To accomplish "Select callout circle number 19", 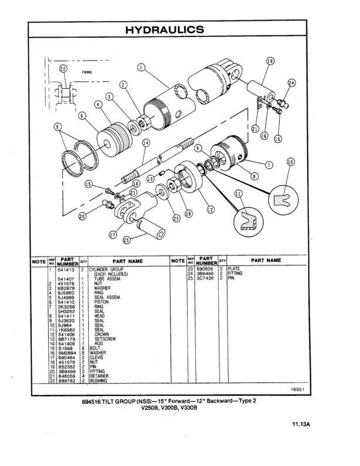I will coord(270,61).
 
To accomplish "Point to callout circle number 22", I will coord(64,69).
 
